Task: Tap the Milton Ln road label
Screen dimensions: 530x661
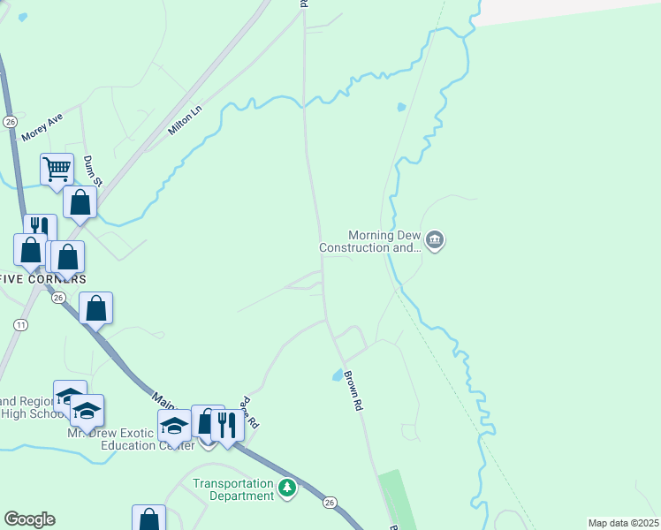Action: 185,120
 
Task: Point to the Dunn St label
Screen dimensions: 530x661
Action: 92,170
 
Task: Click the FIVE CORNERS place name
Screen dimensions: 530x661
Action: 42,279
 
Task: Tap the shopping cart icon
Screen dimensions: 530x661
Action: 57,168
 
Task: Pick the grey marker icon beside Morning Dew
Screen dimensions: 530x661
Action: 435,239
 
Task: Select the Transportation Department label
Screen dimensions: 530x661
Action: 233,489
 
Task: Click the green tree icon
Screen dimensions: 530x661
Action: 286,487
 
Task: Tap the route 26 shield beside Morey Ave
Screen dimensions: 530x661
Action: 10,121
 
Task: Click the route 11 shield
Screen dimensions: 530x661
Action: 19,325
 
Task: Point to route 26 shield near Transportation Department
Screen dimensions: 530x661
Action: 330,503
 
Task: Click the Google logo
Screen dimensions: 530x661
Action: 29,519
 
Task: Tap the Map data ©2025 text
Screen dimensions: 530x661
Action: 622,523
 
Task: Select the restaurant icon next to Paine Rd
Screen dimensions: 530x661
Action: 227,425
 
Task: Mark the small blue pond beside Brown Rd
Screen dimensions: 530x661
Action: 338,375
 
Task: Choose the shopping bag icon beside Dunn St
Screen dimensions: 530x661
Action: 80,201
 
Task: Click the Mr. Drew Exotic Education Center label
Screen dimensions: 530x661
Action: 130,439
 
